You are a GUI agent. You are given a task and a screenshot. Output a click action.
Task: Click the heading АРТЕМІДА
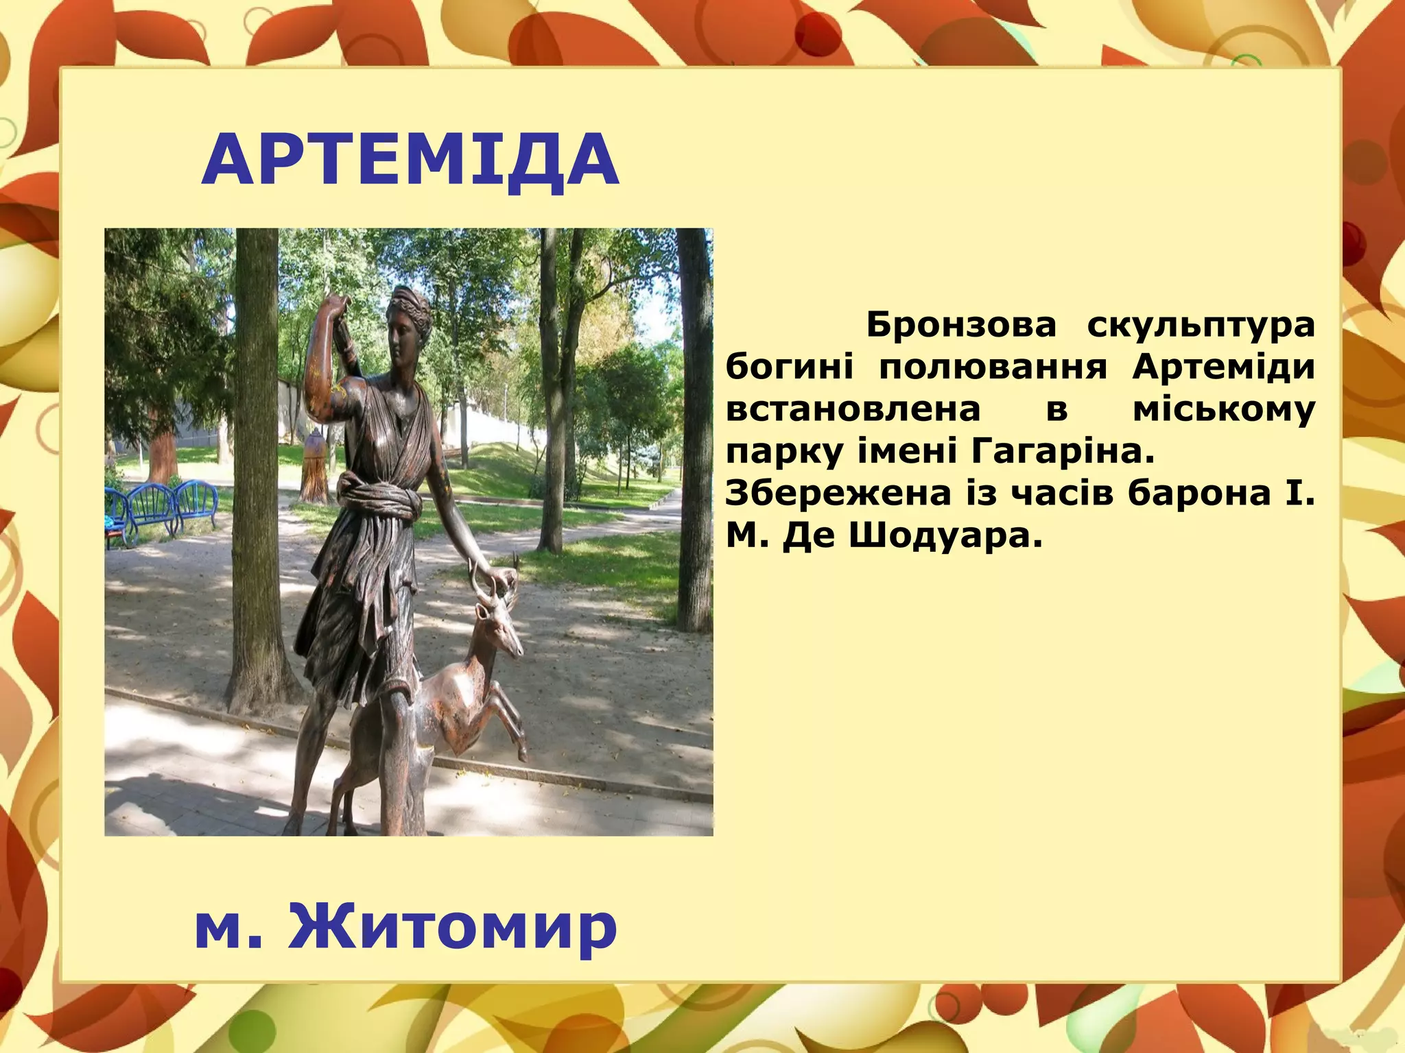410,160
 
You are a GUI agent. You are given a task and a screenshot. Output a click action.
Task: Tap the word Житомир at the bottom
453,927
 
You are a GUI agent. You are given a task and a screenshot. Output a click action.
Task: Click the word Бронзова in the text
961,324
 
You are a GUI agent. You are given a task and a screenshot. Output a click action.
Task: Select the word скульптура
1201,324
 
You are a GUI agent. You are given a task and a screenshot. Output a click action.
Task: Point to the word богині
789,367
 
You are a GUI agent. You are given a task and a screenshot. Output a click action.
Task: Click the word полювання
993,368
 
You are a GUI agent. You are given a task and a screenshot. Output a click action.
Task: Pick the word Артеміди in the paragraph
1223,367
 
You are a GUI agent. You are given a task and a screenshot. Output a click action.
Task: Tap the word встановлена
853,409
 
